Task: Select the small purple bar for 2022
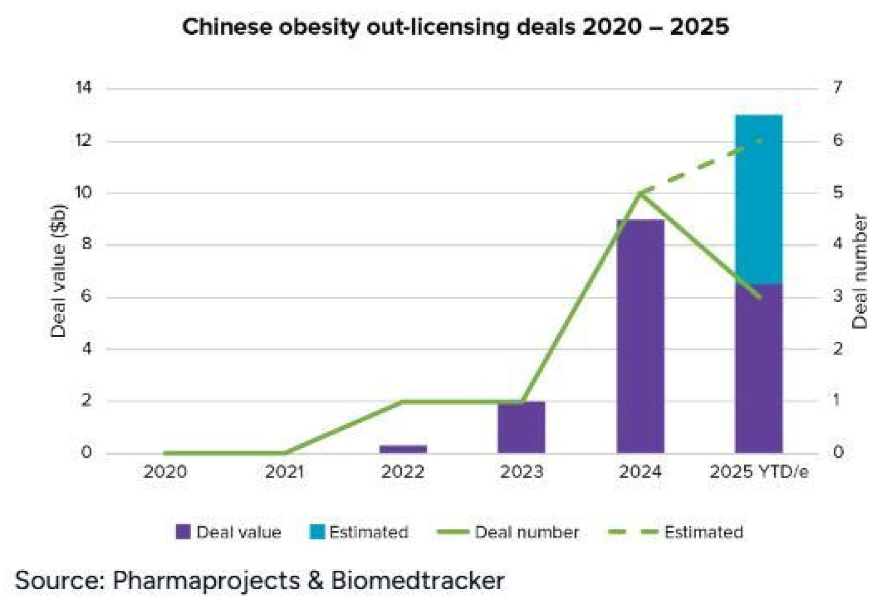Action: tap(403, 449)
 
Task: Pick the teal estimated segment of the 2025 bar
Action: tap(759, 199)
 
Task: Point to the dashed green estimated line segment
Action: tap(700, 166)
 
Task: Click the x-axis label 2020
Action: tap(165, 472)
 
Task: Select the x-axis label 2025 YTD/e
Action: tap(759, 472)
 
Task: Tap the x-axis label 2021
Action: tap(284, 472)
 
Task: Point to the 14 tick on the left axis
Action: tap(83, 88)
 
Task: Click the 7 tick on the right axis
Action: tap(837, 88)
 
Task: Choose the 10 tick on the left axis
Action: tap(83, 193)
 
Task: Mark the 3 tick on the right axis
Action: tap(837, 296)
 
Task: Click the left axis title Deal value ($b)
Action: tap(59, 271)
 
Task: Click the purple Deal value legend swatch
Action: tap(183, 532)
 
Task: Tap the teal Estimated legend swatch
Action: tap(317, 532)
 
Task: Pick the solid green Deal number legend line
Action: tap(453, 532)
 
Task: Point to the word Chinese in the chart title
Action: tap(227, 27)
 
